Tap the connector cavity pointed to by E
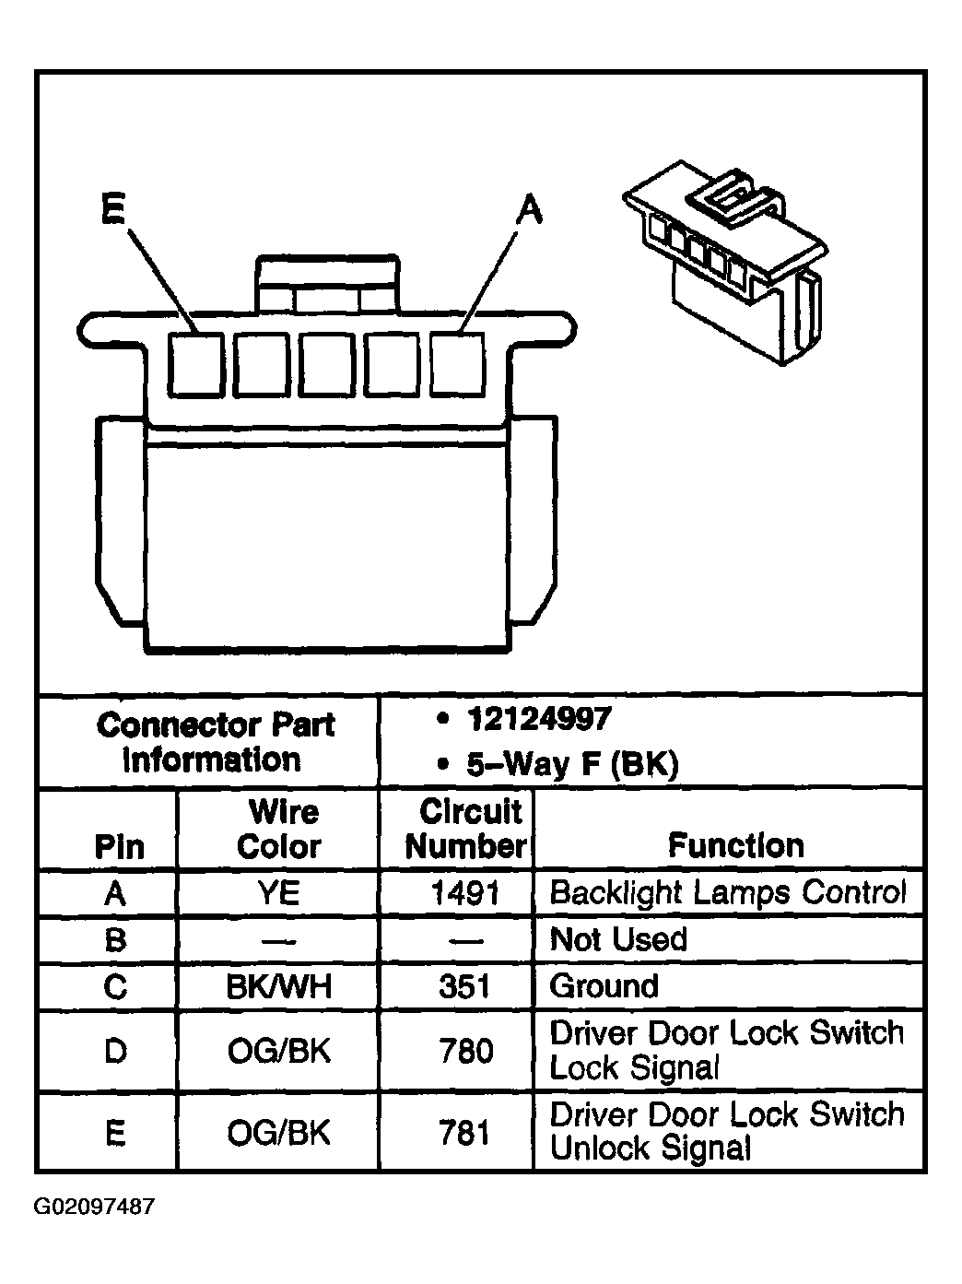point(195,363)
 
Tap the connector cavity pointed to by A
point(458,363)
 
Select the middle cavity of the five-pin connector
point(327,363)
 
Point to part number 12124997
point(538,719)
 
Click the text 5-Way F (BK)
point(571,764)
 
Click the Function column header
point(735,845)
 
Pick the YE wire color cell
point(279,892)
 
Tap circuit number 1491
point(465,892)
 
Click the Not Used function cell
point(618,939)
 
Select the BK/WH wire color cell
point(279,987)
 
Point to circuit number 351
point(465,987)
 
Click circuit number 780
point(465,1051)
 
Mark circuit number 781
point(465,1133)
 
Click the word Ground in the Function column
point(604,986)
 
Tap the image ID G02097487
point(95,1207)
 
